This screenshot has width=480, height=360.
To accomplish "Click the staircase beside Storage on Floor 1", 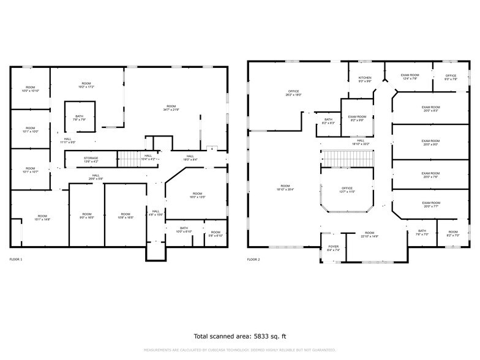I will pos(129,159).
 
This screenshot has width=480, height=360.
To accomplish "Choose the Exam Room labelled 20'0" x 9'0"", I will pos(430,143).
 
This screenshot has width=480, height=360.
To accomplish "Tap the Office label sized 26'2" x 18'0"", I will pos(293,93).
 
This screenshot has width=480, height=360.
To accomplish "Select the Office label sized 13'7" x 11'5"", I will pos(347,190).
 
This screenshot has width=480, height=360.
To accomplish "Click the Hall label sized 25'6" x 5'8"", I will pos(96,177).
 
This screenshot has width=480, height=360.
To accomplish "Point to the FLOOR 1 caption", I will pos(16,260).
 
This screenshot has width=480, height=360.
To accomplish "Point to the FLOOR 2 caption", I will pos(253,260).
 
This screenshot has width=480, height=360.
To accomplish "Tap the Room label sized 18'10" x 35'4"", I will pos(285,187).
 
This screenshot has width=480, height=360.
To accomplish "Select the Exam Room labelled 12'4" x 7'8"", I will pos(410,77).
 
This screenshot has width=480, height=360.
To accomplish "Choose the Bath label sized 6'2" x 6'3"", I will pos(328,121).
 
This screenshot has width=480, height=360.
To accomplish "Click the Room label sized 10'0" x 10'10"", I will pos(30,89).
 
